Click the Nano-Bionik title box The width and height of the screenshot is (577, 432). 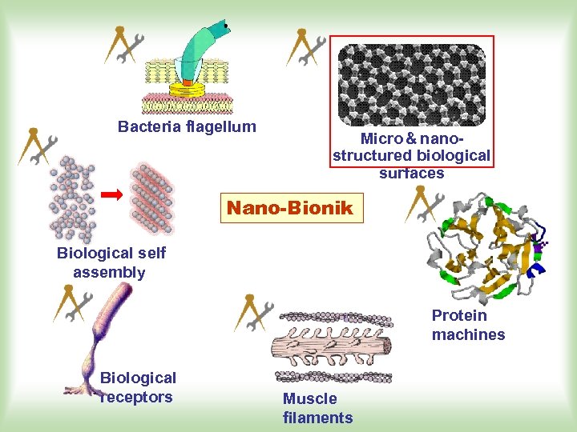pos(290,208)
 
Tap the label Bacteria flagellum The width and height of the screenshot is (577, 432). pos(187,126)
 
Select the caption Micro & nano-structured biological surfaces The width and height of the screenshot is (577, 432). pos(411,156)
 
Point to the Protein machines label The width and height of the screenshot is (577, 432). pos(468,325)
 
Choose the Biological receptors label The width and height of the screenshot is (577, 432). pos(137,387)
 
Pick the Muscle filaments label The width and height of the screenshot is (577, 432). pos(317,408)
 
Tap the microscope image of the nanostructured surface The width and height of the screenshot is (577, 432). pos(412,84)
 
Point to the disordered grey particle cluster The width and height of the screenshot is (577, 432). pos(73,199)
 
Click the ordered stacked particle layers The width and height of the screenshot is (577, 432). pos(152,200)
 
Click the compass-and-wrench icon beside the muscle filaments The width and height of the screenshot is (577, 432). pos(254,313)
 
